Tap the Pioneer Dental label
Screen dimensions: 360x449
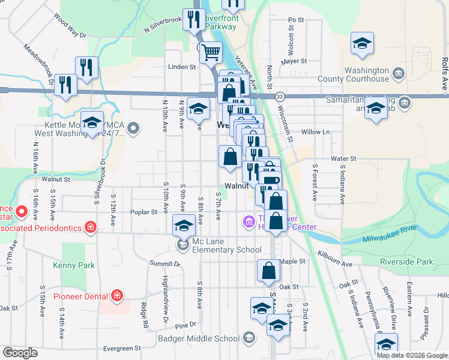click(x=80, y=296)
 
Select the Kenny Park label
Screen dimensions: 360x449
click(x=73, y=265)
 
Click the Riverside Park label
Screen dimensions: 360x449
click(x=406, y=262)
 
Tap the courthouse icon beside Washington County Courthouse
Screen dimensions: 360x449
click(x=399, y=74)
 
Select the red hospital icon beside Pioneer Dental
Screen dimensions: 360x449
click(x=116, y=295)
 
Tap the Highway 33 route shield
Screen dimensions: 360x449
click(x=280, y=96)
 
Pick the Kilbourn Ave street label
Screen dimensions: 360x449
click(x=336, y=259)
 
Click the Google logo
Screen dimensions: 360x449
click(x=20, y=353)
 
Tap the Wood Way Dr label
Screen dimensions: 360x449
click(x=70, y=28)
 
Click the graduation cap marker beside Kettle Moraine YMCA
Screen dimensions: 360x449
click(x=92, y=123)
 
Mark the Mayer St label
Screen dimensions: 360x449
click(x=294, y=61)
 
